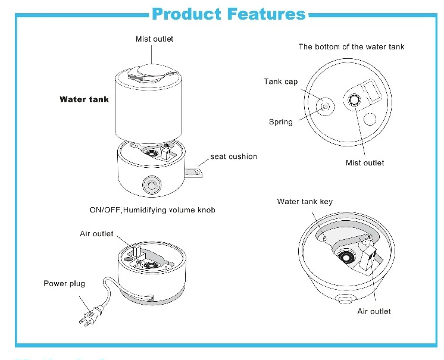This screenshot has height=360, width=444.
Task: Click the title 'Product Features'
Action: coord(229,14)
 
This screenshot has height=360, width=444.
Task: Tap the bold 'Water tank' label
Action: coord(84,99)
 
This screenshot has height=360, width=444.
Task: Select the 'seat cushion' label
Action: coord(233,156)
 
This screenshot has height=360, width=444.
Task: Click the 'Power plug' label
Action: coord(64,283)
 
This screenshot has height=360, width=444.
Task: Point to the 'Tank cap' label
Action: coord(281,82)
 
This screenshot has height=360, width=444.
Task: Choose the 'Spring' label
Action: coord(281,122)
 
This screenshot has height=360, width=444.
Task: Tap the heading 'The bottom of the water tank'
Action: coord(351,46)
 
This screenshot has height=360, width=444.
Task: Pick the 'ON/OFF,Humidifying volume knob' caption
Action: coord(152,210)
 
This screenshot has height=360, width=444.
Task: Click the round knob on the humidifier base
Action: coord(150,185)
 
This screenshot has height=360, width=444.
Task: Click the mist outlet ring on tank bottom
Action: coord(355,101)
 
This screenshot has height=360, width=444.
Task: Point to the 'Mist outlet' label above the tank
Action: coord(155,39)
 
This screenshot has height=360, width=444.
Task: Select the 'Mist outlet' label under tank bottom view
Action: coord(365,162)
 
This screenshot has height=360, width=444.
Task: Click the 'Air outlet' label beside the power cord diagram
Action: coord(96,234)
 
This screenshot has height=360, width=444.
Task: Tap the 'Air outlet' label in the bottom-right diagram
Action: coord(374,311)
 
